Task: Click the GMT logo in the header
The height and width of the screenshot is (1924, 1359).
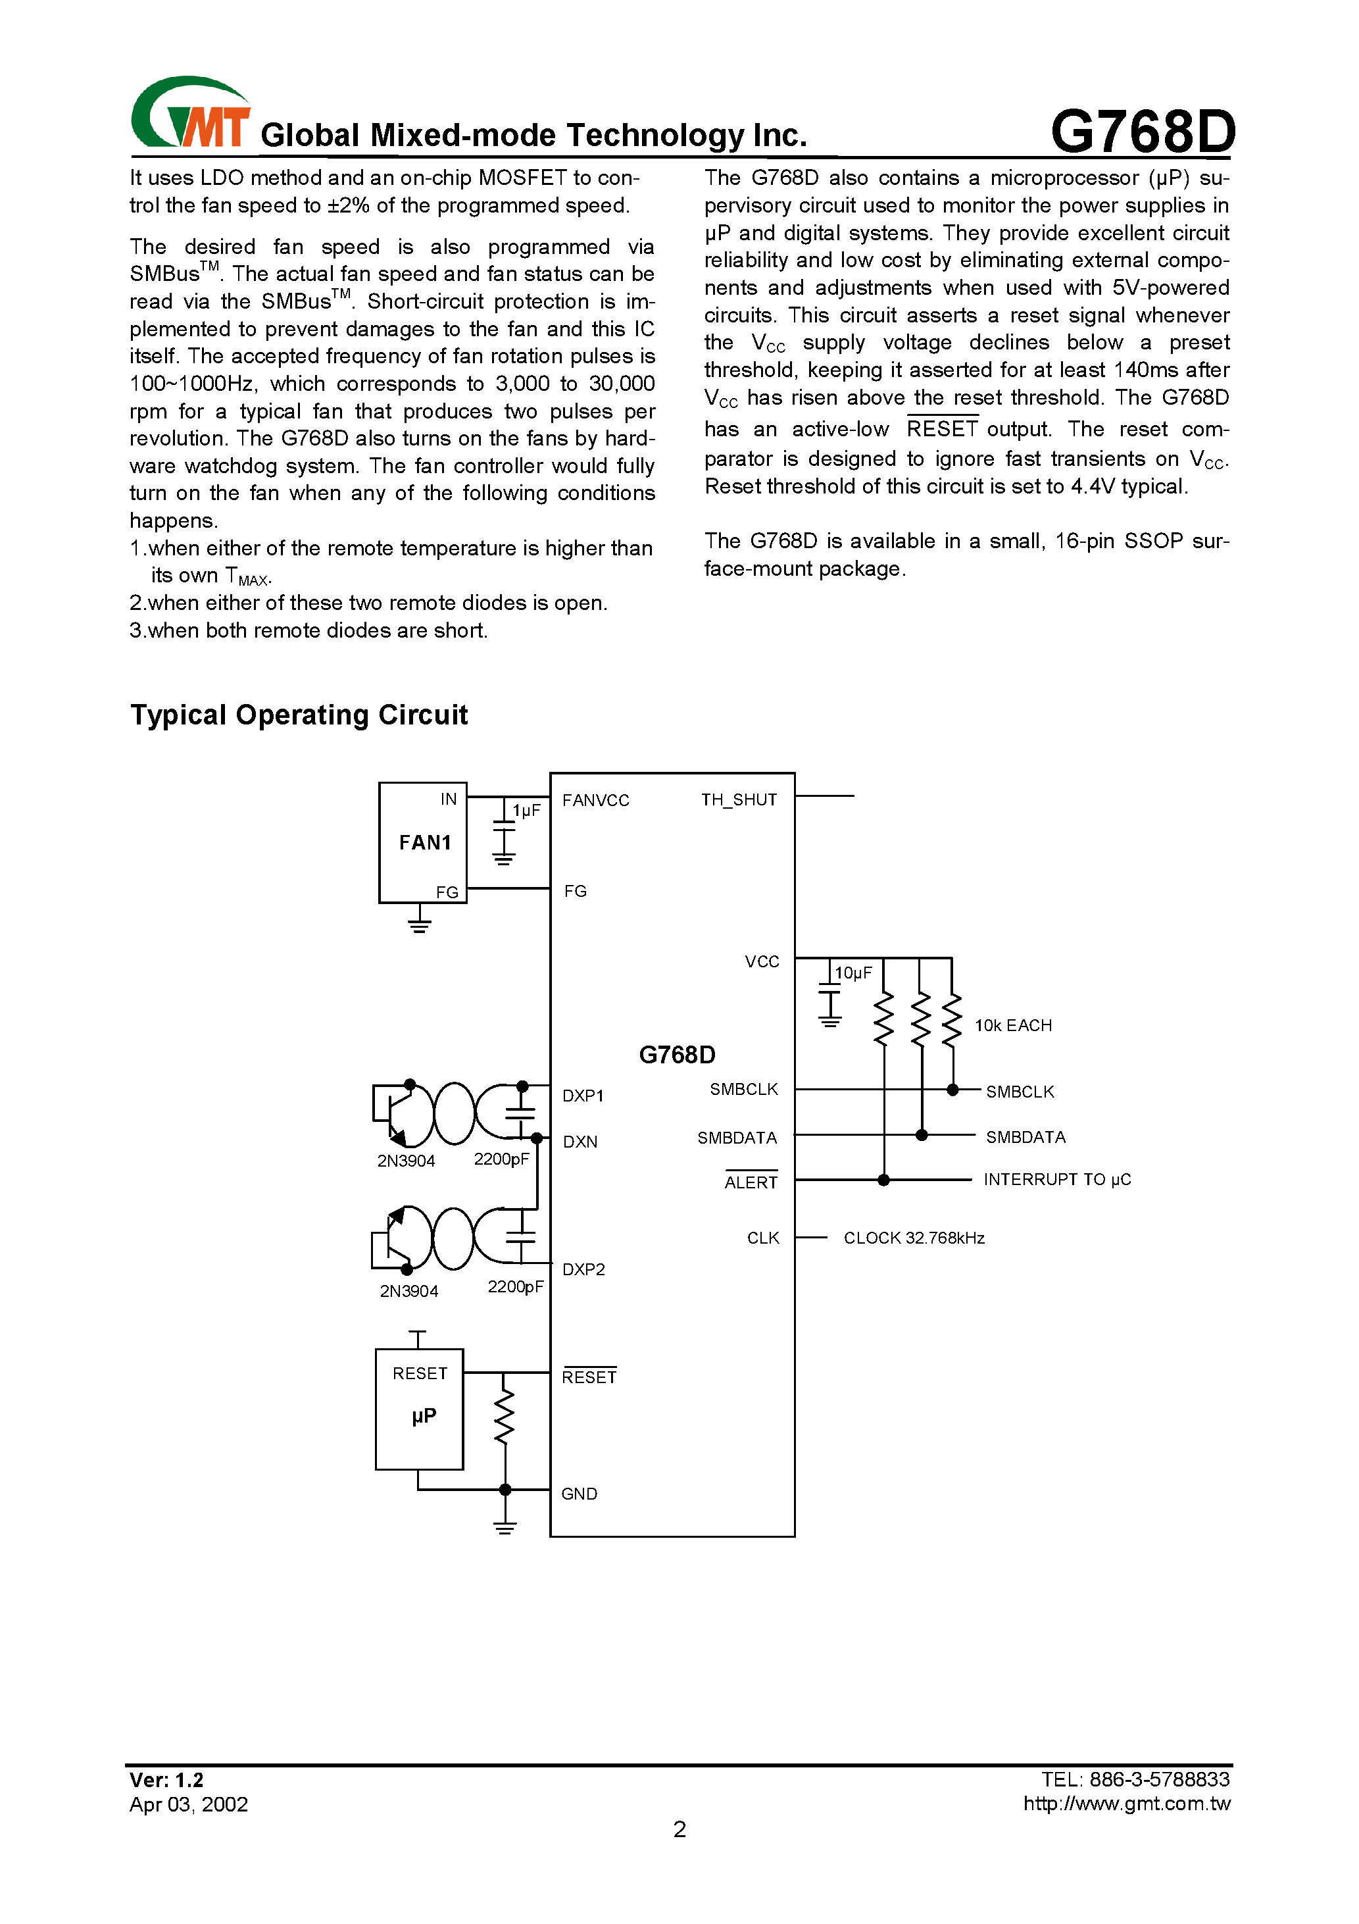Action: [x=190, y=114]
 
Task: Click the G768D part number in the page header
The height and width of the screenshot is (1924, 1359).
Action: [x=1142, y=132]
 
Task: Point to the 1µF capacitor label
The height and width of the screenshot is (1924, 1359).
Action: [x=527, y=810]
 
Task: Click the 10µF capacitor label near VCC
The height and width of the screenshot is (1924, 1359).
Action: [x=854, y=973]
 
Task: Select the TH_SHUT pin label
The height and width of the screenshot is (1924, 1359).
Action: [x=738, y=800]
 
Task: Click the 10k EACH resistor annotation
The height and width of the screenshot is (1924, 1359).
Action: [x=1013, y=1026]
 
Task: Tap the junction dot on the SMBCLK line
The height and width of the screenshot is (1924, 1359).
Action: [x=952, y=1090]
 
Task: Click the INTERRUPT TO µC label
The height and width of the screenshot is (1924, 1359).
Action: [x=1056, y=1180]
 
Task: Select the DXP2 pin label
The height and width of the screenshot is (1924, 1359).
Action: [x=583, y=1269]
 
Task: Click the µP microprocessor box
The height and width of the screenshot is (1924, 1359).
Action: [x=419, y=1409]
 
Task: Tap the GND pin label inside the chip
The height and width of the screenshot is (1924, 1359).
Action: [x=579, y=1494]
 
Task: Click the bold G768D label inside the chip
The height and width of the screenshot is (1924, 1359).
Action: [x=677, y=1055]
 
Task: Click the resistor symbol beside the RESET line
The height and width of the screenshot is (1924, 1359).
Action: [x=504, y=1418]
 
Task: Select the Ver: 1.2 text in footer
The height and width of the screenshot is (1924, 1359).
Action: [x=166, y=1780]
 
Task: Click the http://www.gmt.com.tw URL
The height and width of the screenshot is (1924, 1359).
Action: [x=1126, y=1804]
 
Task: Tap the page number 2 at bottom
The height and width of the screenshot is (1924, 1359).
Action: [x=679, y=1829]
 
